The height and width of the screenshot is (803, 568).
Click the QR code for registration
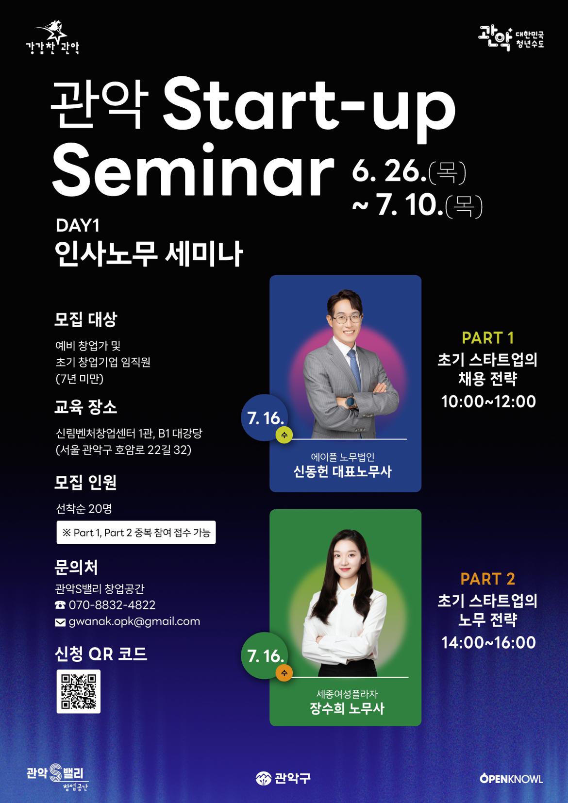tap(78, 691)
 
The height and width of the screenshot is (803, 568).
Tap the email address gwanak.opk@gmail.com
tap(134, 621)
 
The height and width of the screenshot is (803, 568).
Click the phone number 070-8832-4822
tap(112, 605)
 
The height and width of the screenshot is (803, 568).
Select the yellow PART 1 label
tap(487, 337)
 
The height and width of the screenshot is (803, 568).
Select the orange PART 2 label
tap(487, 579)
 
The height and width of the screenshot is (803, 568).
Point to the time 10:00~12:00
tap(488, 401)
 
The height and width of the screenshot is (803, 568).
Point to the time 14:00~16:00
tap(488, 642)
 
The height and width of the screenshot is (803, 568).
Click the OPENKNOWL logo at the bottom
tap(511, 779)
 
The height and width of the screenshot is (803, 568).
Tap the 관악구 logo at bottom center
tap(283, 778)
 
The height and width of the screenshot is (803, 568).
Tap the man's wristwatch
tap(350, 402)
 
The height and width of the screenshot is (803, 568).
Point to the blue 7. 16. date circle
tap(264, 417)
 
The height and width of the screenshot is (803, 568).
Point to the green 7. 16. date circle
tap(264, 655)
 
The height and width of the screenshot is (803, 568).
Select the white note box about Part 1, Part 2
tap(136, 533)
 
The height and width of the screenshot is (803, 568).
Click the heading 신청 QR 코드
tap(101, 653)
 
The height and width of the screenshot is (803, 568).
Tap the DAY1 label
tap(78, 226)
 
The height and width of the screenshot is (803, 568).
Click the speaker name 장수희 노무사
tap(347, 709)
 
